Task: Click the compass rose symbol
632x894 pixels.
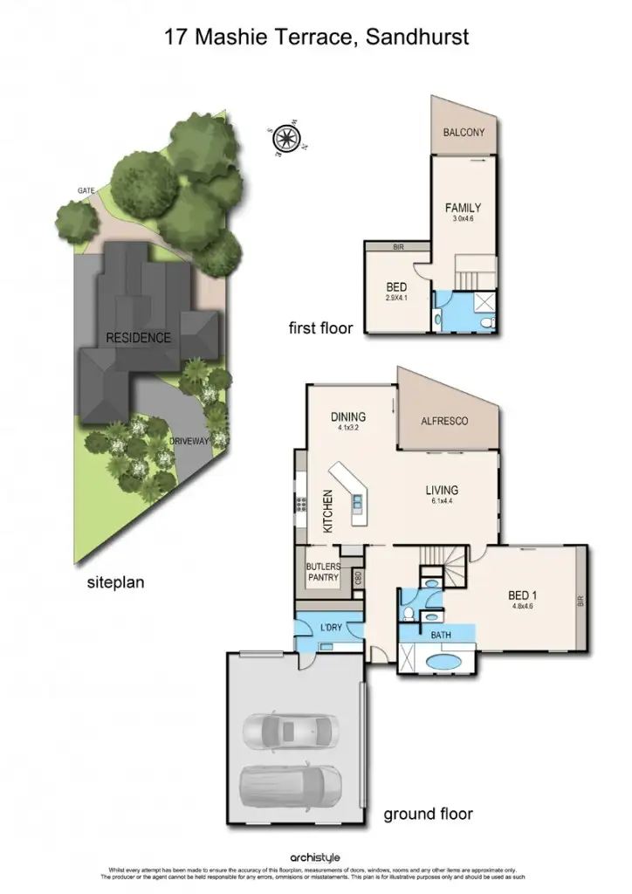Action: (x=285, y=137)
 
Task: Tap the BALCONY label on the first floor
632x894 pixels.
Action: (x=463, y=133)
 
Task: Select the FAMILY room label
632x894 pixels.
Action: (x=463, y=208)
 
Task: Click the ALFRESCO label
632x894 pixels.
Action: (x=444, y=421)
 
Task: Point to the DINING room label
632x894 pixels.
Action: (x=348, y=417)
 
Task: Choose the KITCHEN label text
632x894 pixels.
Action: (x=328, y=512)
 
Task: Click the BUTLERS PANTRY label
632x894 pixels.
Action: (x=323, y=572)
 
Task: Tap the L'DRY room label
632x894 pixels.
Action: (x=330, y=628)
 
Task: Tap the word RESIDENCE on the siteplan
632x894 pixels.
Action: (x=138, y=338)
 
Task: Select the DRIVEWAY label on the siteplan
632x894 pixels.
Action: (x=189, y=442)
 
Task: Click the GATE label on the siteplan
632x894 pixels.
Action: (x=86, y=189)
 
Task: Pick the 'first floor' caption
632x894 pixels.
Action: (x=320, y=328)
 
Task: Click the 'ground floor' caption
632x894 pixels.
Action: (x=428, y=814)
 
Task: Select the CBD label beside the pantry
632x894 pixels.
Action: (x=358, y=578)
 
